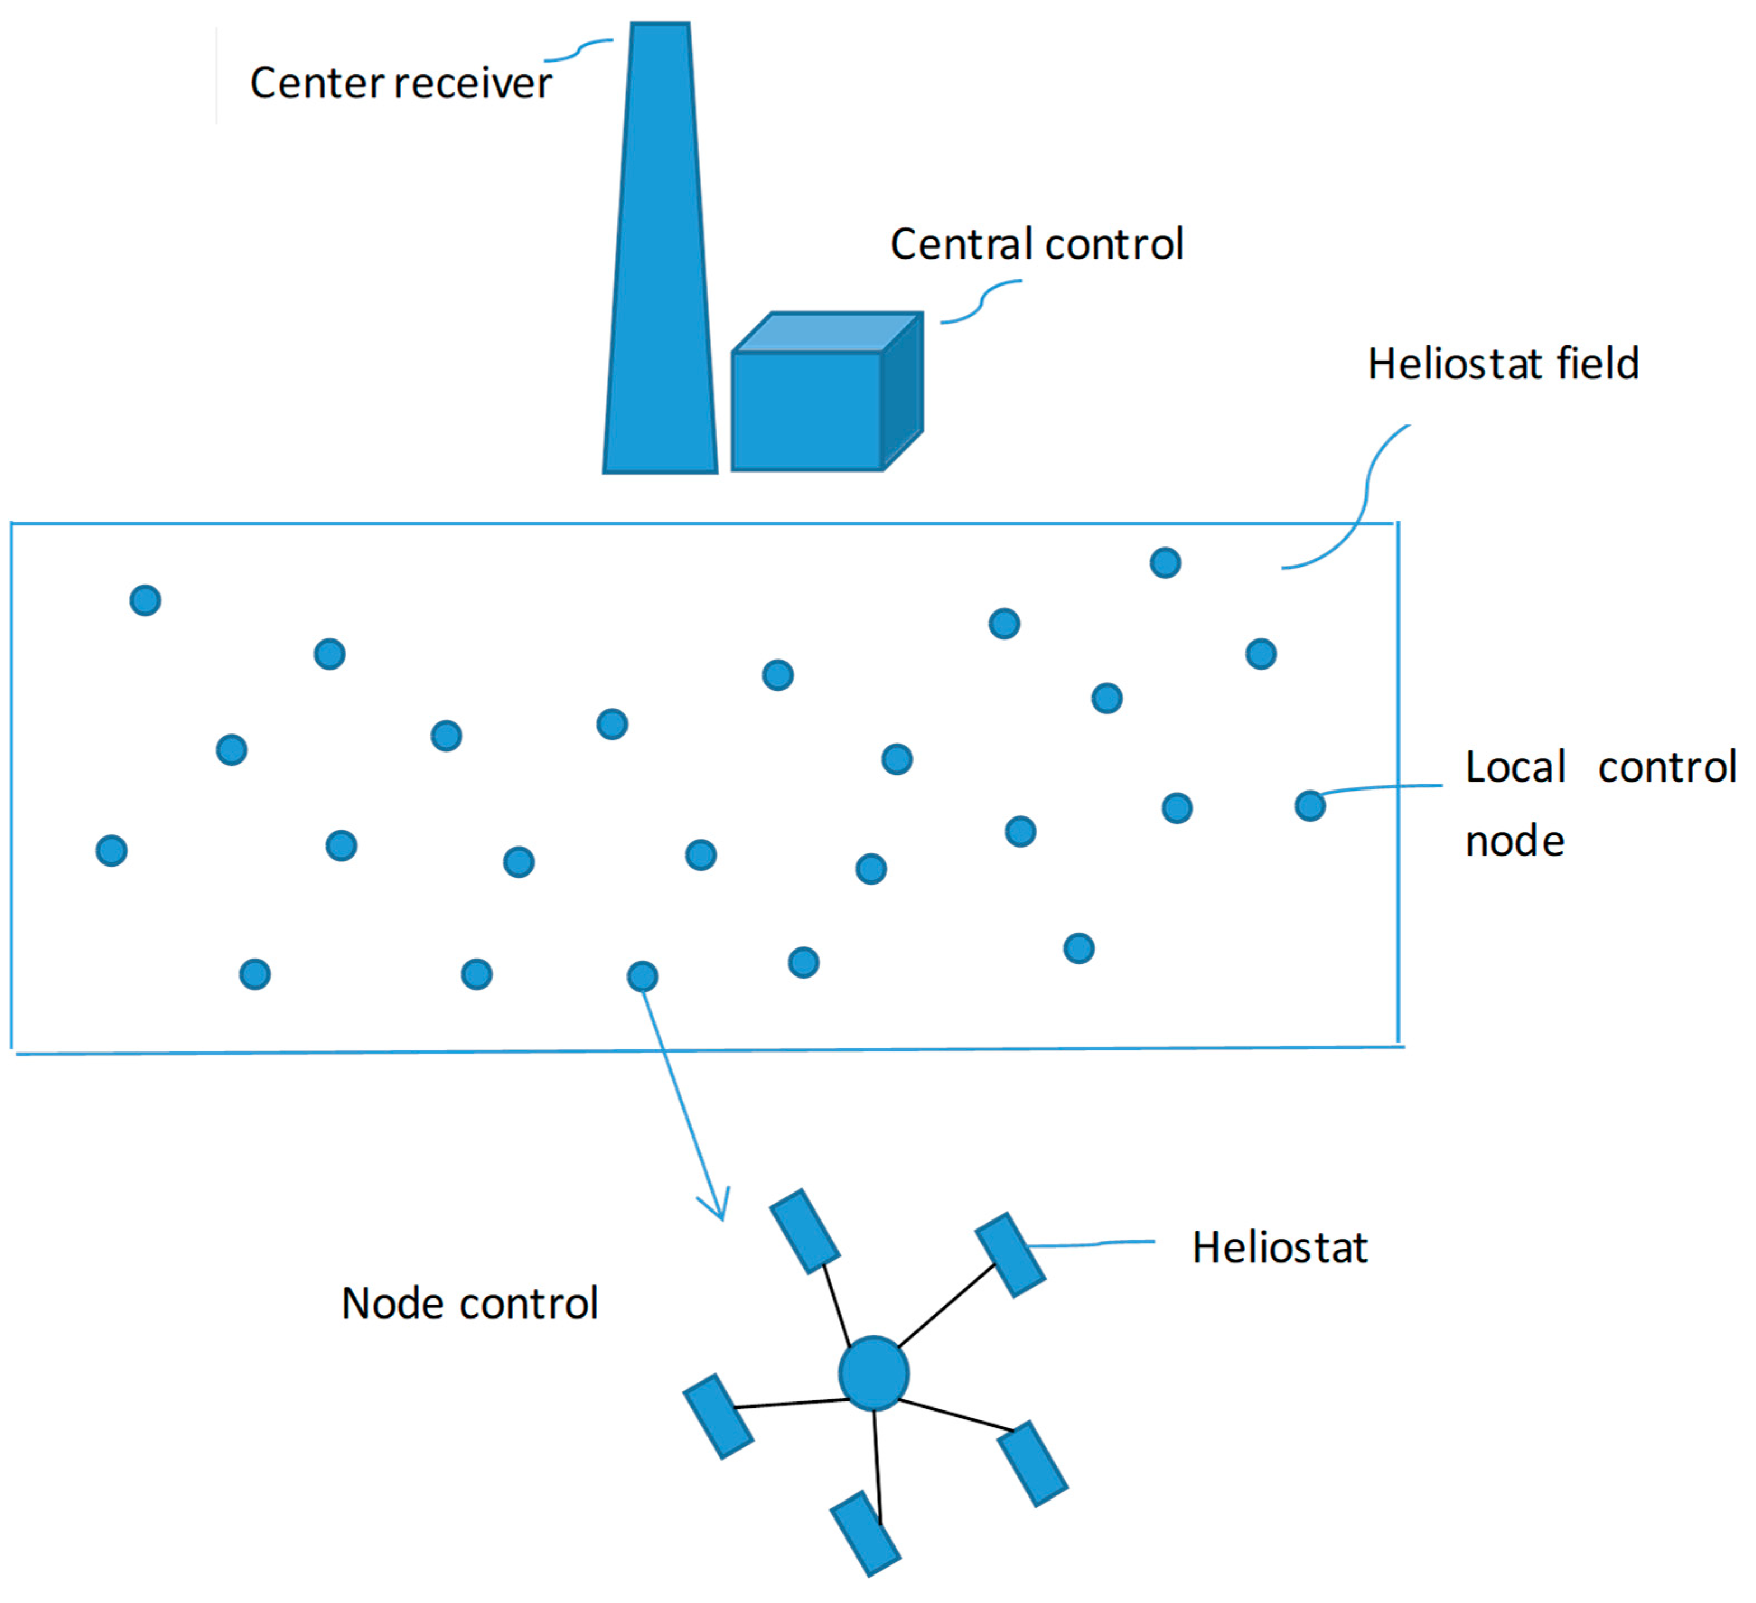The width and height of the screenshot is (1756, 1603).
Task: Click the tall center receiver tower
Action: point(660,261)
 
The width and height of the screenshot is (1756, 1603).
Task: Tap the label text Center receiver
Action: point(401,83)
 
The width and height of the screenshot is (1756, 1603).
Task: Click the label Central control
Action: point(1037,244)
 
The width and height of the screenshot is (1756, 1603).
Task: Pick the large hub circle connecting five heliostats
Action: point(874,1374)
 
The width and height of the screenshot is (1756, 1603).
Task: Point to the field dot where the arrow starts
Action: point(642,976)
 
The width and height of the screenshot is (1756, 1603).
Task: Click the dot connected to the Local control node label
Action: point(1310,806)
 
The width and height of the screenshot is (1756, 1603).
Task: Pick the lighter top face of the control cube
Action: point(827,333)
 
